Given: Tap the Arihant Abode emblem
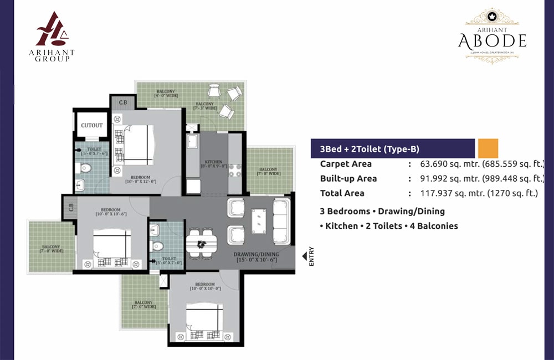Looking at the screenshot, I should tap(492, 35).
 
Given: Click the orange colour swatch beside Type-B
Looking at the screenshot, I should tap(488, 148).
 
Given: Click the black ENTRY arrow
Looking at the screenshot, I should tap(304, 256).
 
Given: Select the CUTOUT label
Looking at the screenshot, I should tap(91, 126).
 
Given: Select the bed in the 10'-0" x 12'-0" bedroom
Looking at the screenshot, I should tap(134, 145).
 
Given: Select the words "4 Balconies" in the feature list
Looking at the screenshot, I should tap(433, 226).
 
